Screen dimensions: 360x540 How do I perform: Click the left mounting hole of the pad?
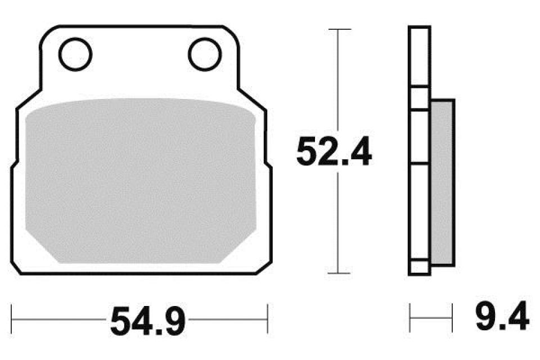click(x=75, y=55)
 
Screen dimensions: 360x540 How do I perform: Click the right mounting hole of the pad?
click(x=204, y=55)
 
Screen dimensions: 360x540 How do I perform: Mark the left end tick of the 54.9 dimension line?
click(x=12, y=320)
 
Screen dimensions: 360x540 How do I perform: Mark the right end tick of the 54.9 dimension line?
click(x=267, y=320)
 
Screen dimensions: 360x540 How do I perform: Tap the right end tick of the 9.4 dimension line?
click(x=452, y=318)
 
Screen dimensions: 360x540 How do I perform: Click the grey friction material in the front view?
click(x=141, y=180)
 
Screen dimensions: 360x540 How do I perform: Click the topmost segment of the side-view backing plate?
click(x=419, y=56)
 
